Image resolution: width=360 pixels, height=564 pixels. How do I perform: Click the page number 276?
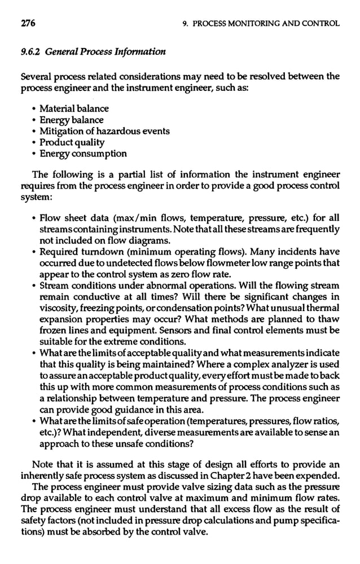coord(28,23)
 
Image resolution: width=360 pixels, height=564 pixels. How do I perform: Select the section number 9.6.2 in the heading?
coord(30,53)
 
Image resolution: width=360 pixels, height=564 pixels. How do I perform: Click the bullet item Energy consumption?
coord(83,154)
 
